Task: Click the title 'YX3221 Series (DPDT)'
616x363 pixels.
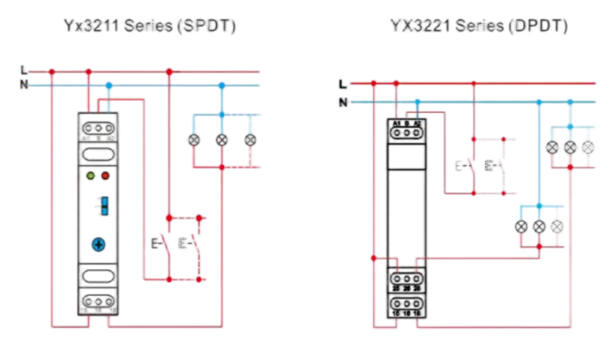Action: click(x=479, y=26)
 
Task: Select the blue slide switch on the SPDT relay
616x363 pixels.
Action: click(x=103, y=206)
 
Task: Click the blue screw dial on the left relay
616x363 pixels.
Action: click(x=99, y=243)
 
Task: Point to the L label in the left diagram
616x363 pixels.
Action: click(x=24, y=72)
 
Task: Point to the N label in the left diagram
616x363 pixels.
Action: click(x=24, y=86)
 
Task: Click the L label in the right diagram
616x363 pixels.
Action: click(x=342, y=84)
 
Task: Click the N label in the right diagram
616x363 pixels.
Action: click(x=342, y=102)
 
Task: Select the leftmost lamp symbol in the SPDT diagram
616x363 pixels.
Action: click(x=195, y=140)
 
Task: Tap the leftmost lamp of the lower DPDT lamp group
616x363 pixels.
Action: click(x=522, y=226)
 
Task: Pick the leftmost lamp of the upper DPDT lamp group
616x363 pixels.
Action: click(x=553, y=146)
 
